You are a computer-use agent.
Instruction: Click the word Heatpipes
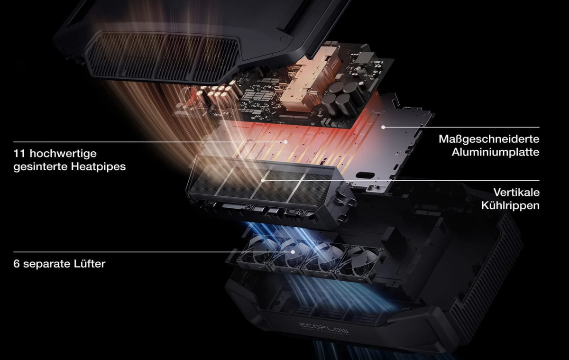(x=98, y=167)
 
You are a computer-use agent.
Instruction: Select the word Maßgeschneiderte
(x=489, y=139)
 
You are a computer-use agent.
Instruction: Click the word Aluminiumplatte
(x=496, y=152)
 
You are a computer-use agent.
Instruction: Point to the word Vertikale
(x=516, y=192)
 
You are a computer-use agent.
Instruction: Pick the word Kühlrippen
(x=510, y=205)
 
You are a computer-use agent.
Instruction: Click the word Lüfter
(x=90, y=264)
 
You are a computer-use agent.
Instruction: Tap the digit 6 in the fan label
(x=17, y=264)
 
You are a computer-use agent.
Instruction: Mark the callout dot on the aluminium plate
(x=383, y=127)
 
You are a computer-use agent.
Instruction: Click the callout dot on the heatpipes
(x=285, y=142)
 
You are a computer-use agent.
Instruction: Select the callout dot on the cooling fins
(x=263, y=180)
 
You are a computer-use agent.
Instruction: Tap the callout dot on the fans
(x=293, y=252)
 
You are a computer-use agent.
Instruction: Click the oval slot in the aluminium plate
(x=366, y=175)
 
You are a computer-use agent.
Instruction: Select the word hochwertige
(x=63, y=154)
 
